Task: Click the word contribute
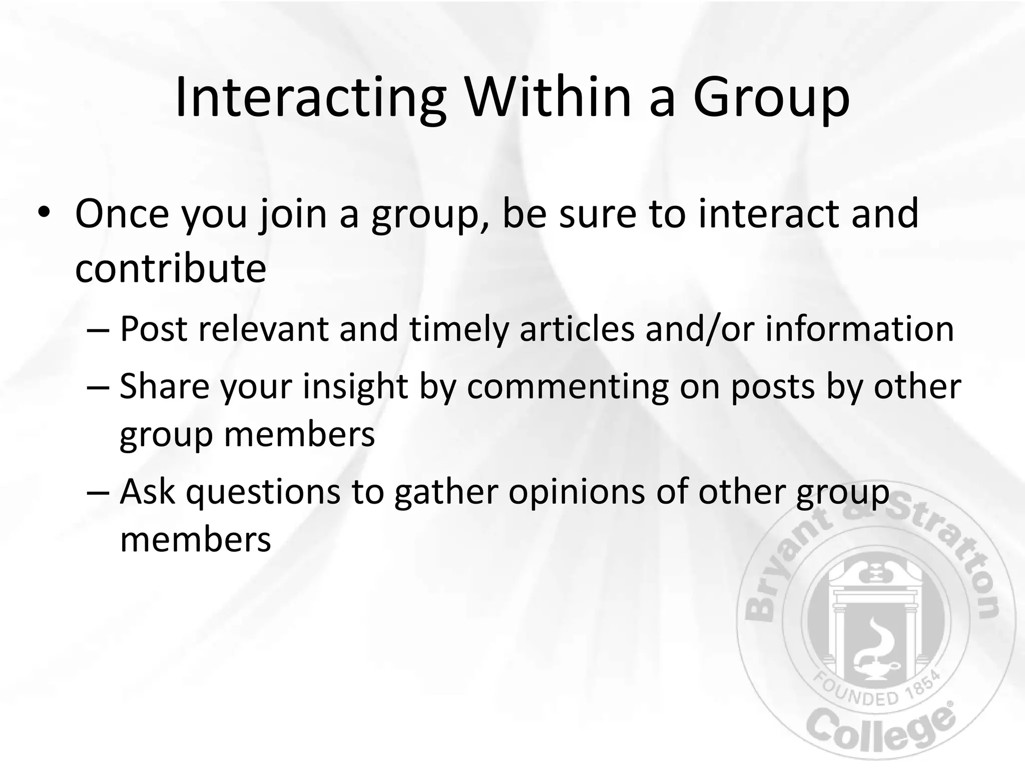pos(170,268)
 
